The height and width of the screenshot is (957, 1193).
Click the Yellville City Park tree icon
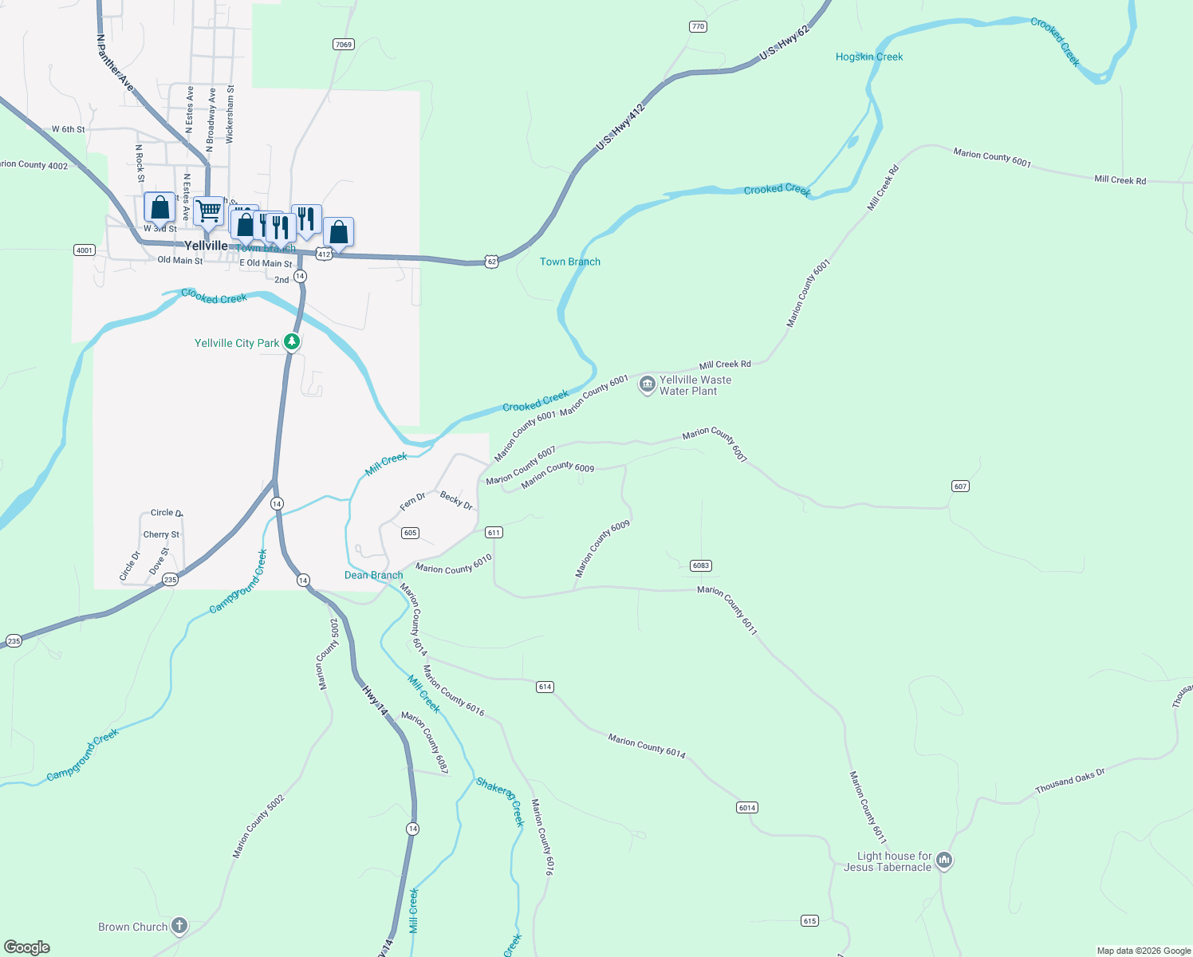click(292, 342)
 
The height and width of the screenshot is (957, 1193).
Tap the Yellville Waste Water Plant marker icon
click(647, 385)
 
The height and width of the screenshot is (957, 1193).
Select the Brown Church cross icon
click(179, 926)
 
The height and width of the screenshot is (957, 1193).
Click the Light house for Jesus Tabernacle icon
click(944, 861)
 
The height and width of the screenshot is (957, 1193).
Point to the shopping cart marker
click(208, 211)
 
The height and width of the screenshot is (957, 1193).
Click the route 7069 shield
click(344, 45)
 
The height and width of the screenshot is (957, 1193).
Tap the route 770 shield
click(698, 27)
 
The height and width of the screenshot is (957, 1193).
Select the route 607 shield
click(960, 486)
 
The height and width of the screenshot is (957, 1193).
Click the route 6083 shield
click(700, 565)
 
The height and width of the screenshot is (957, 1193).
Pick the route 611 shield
click(494, 533)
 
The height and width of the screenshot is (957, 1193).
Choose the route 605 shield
click(410, 533)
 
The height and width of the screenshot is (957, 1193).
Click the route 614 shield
click(545, 687)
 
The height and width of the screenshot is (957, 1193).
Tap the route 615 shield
click(809, 921)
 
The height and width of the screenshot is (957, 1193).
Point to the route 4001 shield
click(85, 250)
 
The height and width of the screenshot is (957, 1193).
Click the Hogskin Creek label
click(869, 57)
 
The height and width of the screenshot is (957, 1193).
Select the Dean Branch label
click(373, 575)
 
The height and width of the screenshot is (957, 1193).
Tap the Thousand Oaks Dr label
click(1069, 782)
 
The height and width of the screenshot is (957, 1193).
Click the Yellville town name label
click(206, 246)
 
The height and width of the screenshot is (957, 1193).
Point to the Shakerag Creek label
click(500, 799)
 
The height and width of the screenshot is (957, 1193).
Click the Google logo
click(27, 947)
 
